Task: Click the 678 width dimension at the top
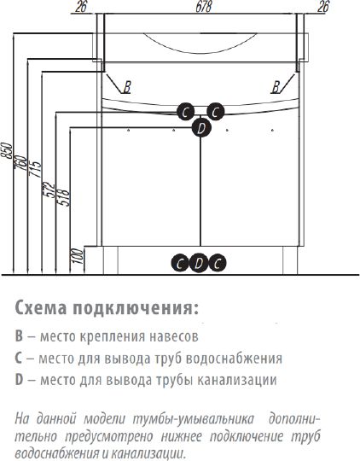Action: click(x=203, y=7)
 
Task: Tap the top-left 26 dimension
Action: click(x=81, y=7)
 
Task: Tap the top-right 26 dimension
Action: click(x=323, y=7)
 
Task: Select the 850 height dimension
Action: click(x=7, y=150)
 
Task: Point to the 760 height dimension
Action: click(x=20, y=162)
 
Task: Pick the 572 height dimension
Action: click(x=49, y=190)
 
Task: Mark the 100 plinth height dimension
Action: click(x=78, y=256)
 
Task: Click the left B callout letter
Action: click(x=127, y=87)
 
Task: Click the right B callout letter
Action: click(x=276, y=87)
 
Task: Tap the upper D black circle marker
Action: click(x=201, y=128)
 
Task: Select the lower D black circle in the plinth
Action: click(x=199, y=263)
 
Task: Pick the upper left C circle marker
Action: click(x=185, y=112)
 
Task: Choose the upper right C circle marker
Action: click(x=216, y=112)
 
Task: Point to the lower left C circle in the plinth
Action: click(x=180, y=263)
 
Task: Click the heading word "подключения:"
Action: click(x=136, y=308)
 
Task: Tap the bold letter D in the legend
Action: click(x=19, y=380)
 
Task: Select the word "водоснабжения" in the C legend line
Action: click(x=235, y=359)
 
